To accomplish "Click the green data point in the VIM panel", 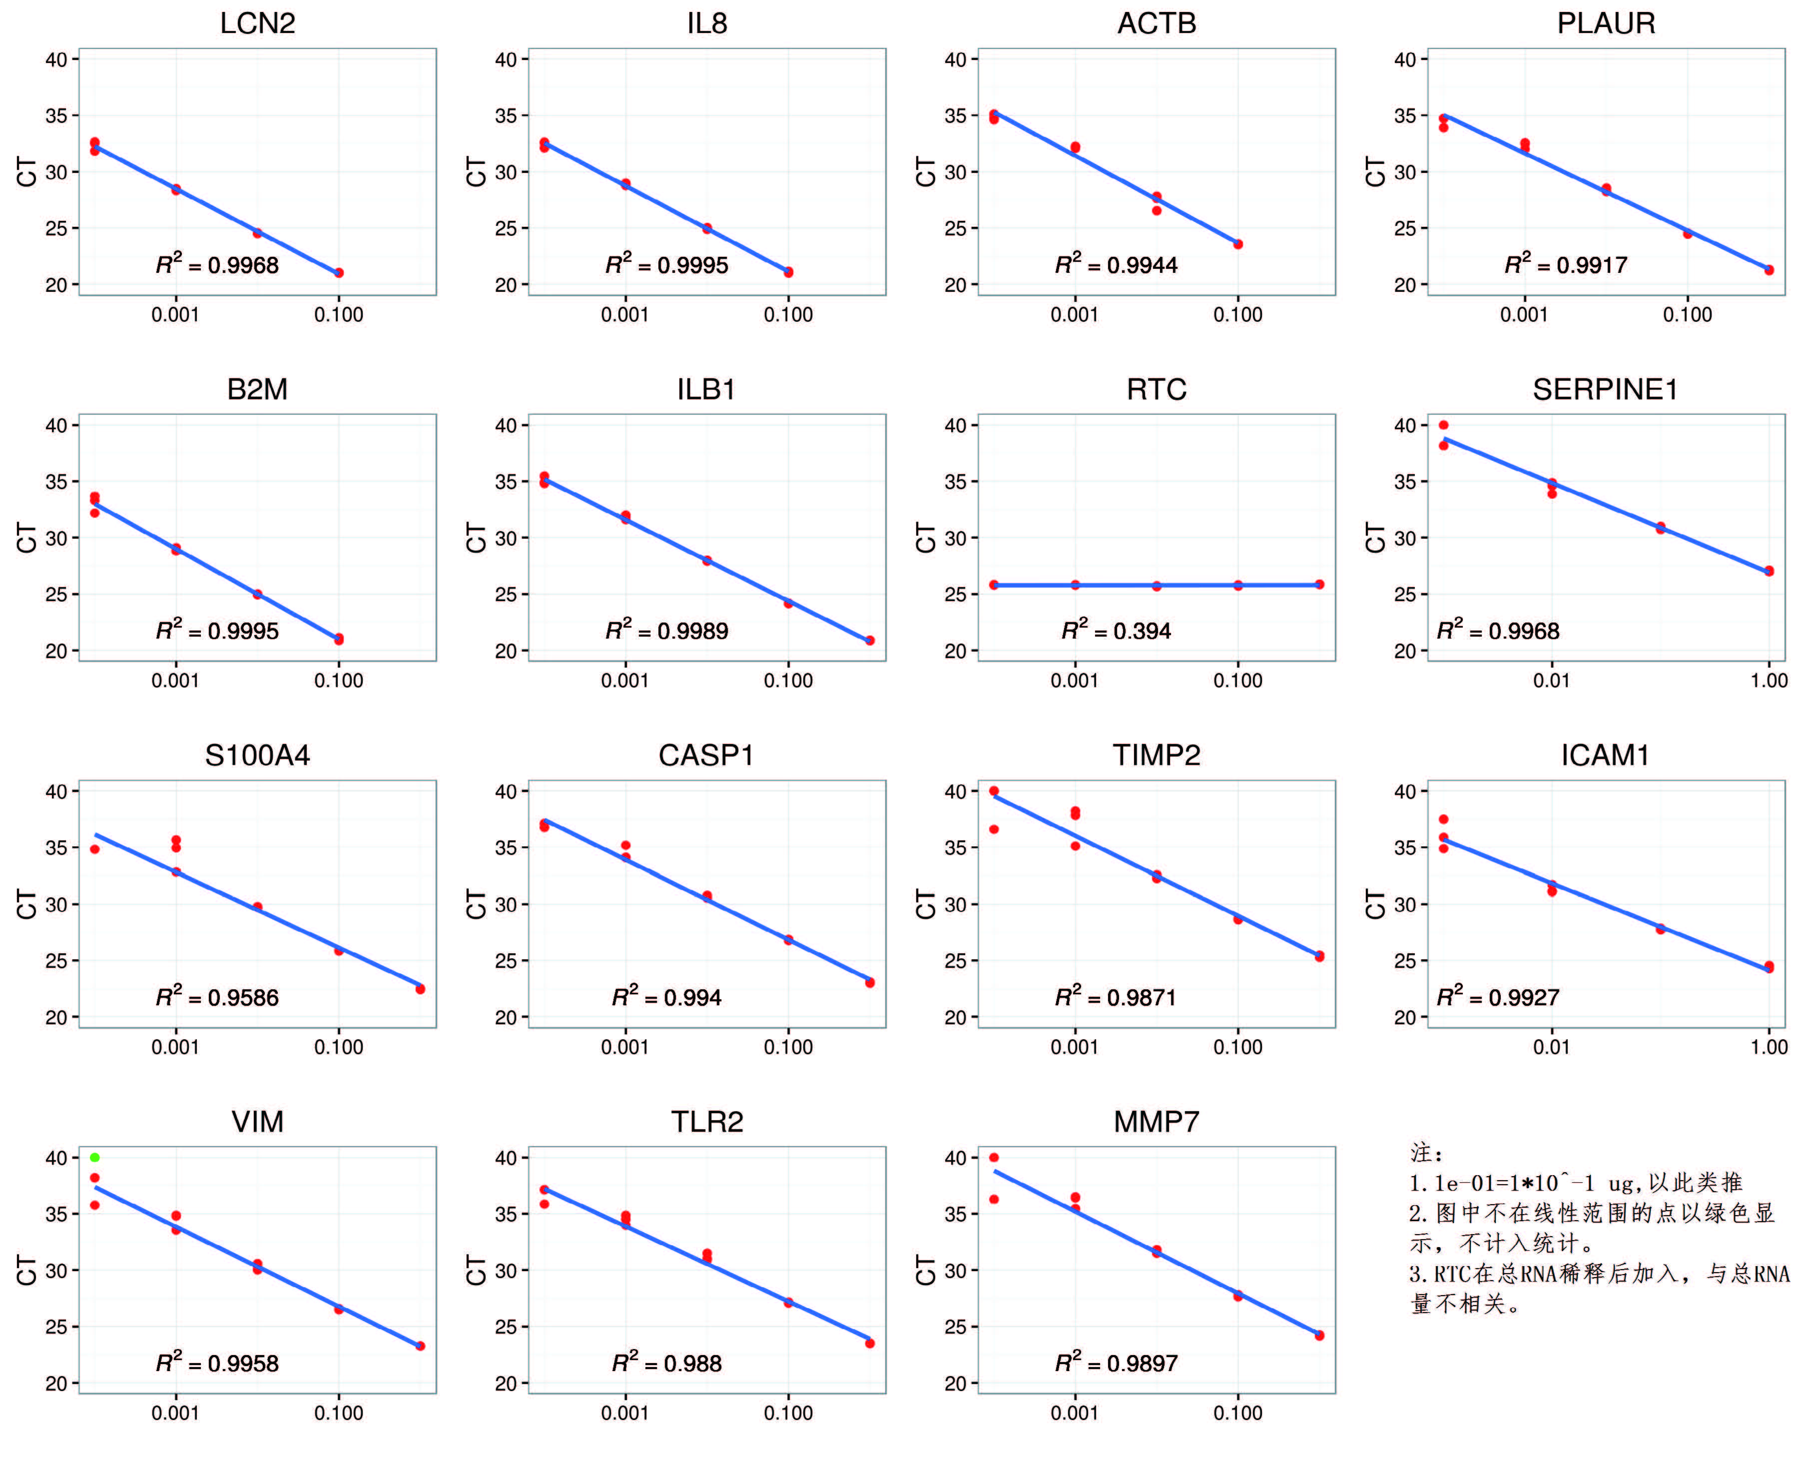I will [94, 1157].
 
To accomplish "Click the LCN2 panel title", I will [257, 23].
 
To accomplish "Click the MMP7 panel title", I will [1156, 1122].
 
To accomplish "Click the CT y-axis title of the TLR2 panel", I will [477, 1269].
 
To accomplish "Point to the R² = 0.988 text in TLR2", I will [666, 1363].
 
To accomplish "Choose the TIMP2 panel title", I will [1156, 755].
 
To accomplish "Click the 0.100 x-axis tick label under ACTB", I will [1237, 315].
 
